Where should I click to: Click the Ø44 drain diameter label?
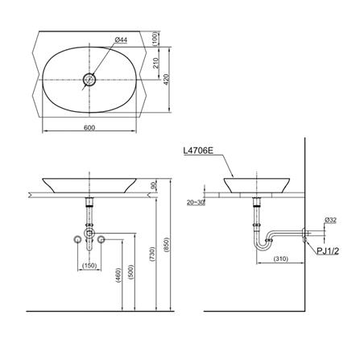(121, 40)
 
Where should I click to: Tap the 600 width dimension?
(89, 128)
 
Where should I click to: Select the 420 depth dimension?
(166, 80)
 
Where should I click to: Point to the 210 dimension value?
(156, 63)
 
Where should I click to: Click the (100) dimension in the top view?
(156, 39)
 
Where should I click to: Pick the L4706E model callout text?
(198, 151)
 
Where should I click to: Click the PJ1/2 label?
(328, 251)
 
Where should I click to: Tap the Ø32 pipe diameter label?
(330, 221)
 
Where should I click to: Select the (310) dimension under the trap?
(281, 259)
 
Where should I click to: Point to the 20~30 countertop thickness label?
(196, 203)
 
